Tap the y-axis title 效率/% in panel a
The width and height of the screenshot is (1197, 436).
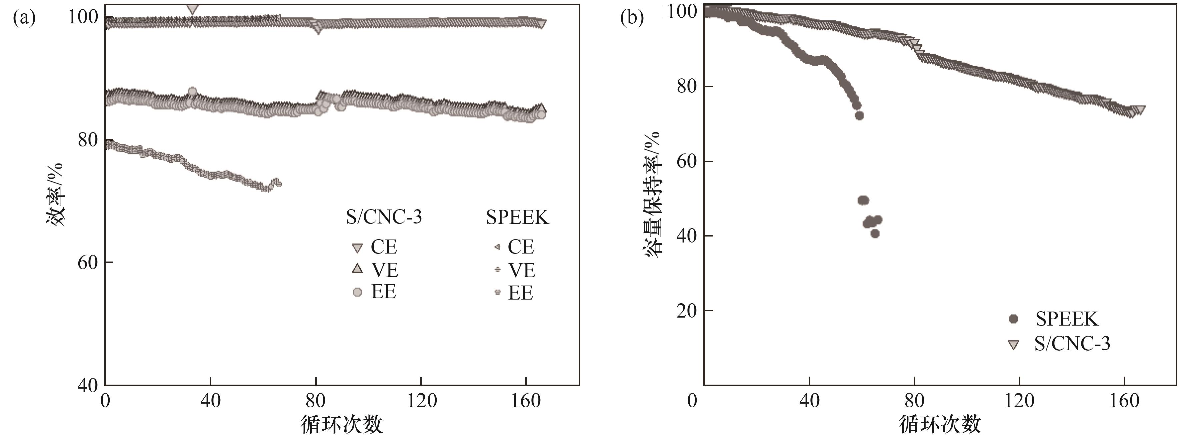(x=55, y=194)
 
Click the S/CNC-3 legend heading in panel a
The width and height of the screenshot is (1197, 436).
(x=384, y=217)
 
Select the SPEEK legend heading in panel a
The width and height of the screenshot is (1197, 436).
(x=517, y=217)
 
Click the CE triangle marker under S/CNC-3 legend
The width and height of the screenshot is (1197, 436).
(x=357, y=248)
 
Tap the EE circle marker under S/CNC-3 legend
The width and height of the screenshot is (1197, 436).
(x=357, y=292)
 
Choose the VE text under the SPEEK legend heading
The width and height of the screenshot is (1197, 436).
(x=522, y=270)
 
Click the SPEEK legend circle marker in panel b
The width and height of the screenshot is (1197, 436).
(x=1013, y=319)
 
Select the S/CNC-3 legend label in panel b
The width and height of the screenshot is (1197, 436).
(x=1072, y=344)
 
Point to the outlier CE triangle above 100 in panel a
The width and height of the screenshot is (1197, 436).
(x=192, y=9)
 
